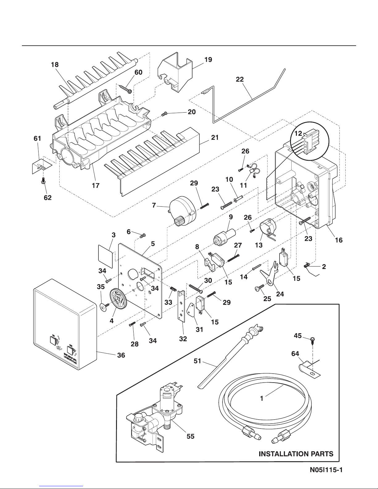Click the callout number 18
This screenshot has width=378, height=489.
tap(55, 65)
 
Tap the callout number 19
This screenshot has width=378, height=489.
tap(208, 60)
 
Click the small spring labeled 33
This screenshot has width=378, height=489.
tap(173, 290)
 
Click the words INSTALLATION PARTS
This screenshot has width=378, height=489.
tap(296, 454)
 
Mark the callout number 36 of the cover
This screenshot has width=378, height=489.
tap(121, 355)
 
